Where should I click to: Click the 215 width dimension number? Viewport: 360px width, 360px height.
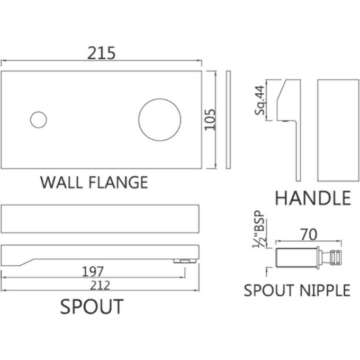(101, 53)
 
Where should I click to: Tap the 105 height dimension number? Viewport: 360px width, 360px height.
(210, 120)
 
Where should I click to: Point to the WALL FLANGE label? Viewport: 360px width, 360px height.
(94, 183)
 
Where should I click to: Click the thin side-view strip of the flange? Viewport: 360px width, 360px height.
(228, 120)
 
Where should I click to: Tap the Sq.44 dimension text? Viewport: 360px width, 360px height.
(260, 100)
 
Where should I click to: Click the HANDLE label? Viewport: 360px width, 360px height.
(313, 198)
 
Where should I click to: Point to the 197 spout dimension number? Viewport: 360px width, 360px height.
(93, 272)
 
